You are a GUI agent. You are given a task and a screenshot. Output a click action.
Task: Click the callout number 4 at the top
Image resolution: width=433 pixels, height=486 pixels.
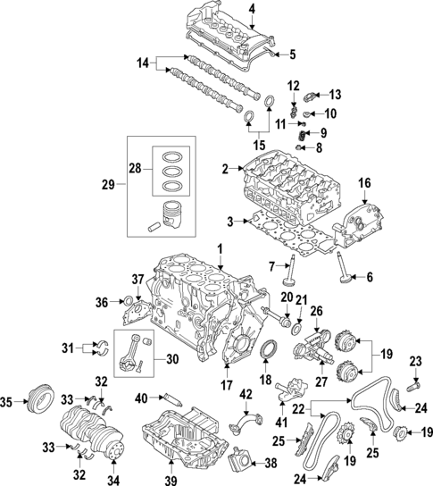click(x=253, y=9)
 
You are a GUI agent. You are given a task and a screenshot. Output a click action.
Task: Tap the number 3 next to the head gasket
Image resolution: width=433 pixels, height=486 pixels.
click(x=229, y=220)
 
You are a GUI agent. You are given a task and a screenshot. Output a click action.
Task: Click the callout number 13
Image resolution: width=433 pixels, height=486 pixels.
click(x=335, y=95)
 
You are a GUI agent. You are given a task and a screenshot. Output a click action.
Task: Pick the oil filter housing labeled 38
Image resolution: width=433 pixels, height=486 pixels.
click(x=237, y=463)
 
